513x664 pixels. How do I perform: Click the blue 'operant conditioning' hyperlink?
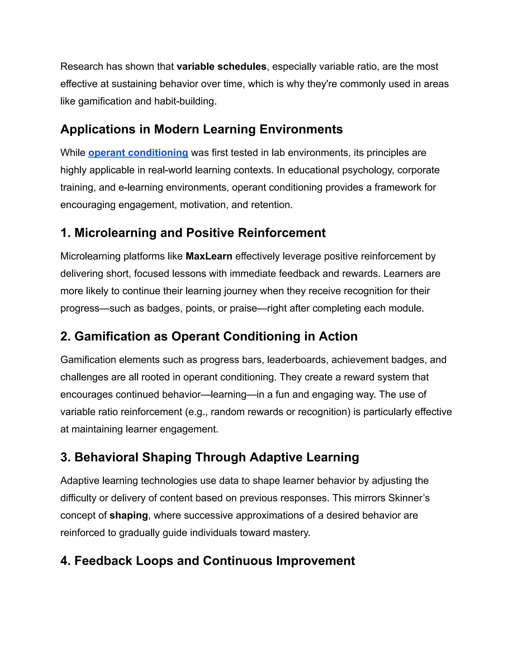coord(138,153)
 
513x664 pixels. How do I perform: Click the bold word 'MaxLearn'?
coord(209,256)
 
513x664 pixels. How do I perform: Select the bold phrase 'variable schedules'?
coord(221,67)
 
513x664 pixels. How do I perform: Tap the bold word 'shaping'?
coord(129,515)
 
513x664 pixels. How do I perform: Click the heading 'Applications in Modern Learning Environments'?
coord(201,129)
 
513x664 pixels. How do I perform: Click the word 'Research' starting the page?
coord(81,67)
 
